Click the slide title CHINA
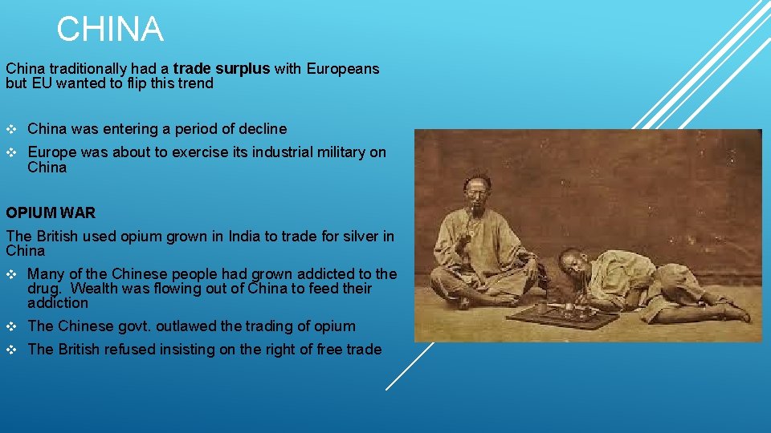110,30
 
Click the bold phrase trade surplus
222,69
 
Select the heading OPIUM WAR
51,213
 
